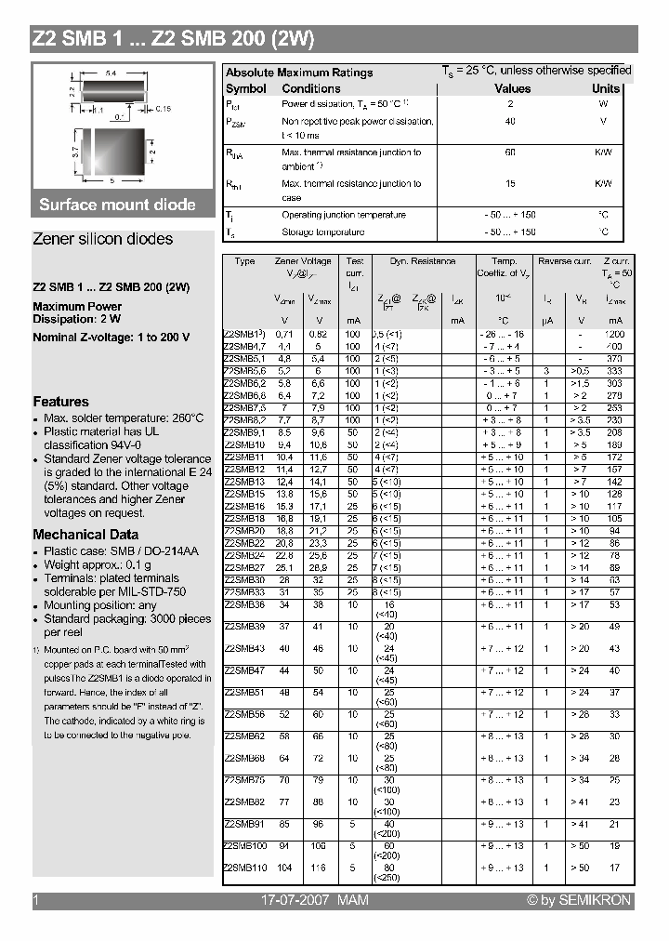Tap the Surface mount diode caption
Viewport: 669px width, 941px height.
117,205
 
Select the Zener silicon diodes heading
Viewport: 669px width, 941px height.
102,239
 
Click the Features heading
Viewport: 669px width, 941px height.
60,402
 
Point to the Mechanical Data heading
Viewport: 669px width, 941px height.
85,535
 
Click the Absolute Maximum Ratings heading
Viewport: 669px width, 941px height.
299,73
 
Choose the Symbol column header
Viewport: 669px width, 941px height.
245,88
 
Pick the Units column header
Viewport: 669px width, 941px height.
605,88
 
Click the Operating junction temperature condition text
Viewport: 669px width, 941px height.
343,215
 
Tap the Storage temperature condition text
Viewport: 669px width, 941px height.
322,232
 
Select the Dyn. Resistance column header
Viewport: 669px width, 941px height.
422,262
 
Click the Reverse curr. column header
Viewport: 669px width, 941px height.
564,262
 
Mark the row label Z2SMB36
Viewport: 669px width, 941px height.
244,603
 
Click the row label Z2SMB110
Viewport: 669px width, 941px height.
245,868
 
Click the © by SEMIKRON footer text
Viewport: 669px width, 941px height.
578,900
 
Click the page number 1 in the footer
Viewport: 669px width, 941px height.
35,900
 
